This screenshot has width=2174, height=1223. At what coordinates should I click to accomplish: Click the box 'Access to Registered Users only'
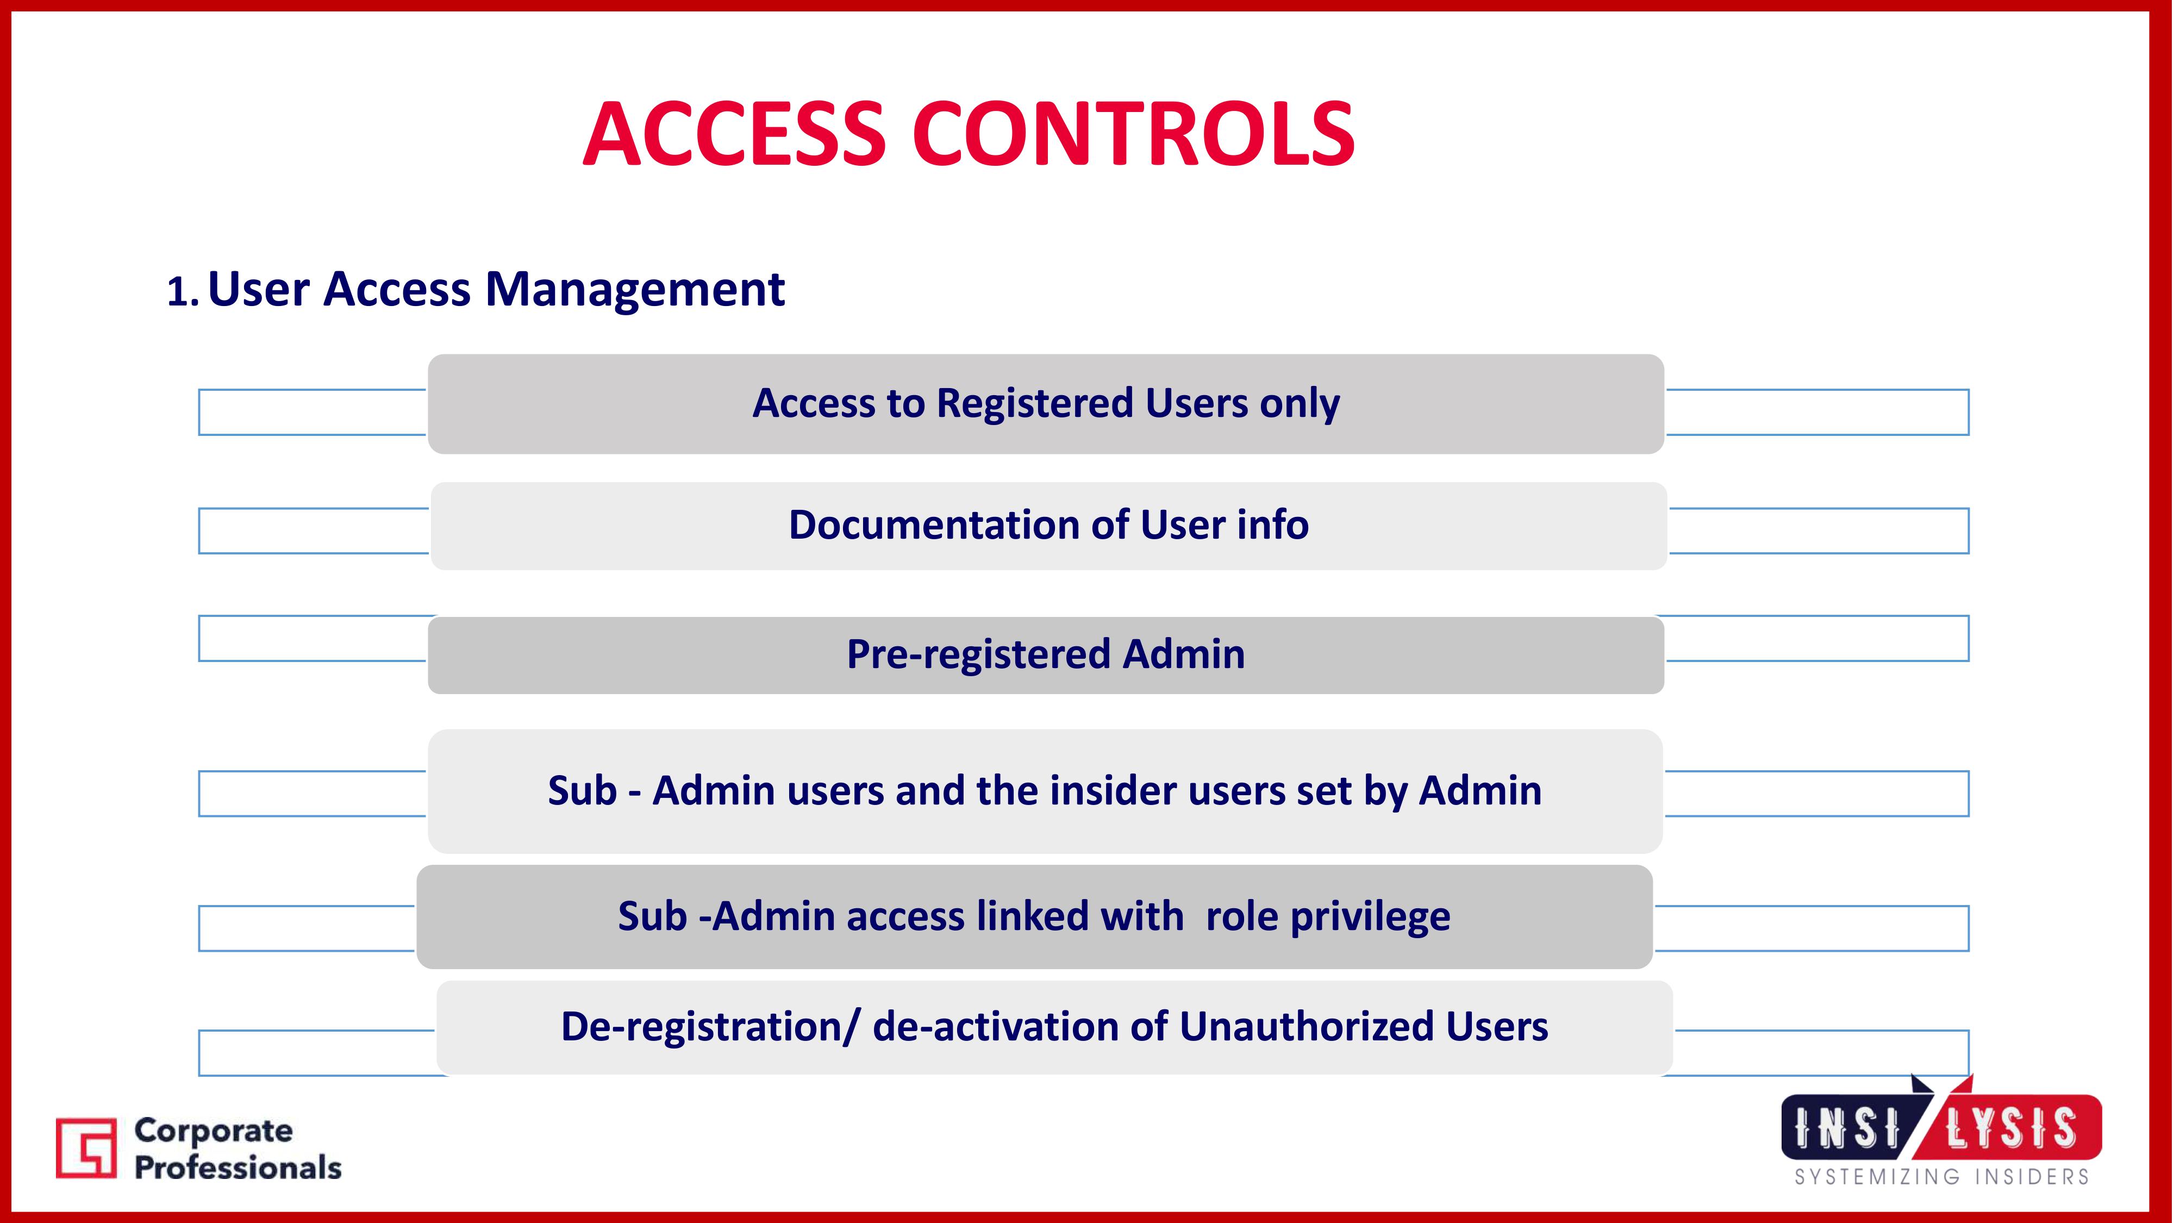tap(1046, 403)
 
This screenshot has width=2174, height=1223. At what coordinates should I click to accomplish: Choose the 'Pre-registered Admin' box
tap(1046, 655)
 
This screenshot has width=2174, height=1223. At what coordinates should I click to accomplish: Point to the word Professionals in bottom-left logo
tap(238, 1168)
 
